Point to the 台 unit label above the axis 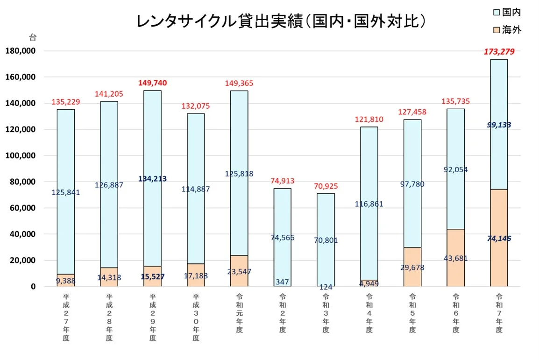click(33, 37)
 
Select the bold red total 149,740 click(152, 83)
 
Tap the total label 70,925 click(326, 186)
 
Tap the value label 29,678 click(412, 268)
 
